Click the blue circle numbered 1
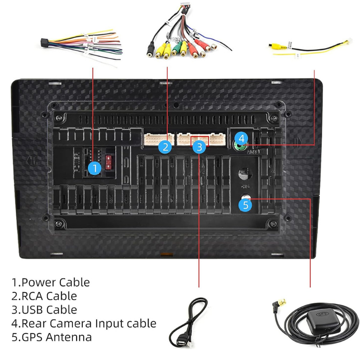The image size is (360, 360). tap(94, 169)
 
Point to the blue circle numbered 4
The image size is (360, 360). tap(242, 138)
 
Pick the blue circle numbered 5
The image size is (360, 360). tap(245, 205)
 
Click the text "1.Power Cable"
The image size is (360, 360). tap(51, 283)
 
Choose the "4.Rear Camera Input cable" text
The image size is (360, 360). tap(84, 323)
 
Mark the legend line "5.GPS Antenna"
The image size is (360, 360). tap(52, 337)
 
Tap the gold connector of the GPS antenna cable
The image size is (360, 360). tap(276, 307)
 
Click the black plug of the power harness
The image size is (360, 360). tap(44, 42)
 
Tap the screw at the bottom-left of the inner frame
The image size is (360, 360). tap(59, 224)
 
